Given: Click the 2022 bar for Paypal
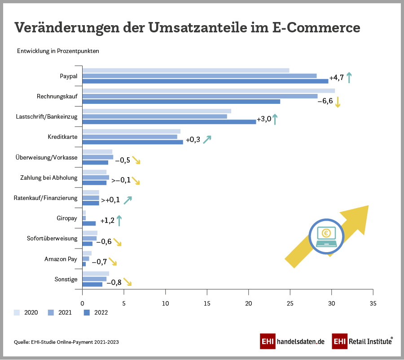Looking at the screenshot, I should (205, 81).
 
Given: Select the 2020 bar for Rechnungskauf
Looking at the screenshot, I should (208, 91).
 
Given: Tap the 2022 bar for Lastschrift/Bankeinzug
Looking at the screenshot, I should (169, 122).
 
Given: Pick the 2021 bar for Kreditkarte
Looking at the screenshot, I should (130, 137).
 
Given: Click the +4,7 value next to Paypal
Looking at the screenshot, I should (337, 78).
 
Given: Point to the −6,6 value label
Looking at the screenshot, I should (325, 101).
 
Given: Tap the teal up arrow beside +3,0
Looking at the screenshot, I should (275, 120).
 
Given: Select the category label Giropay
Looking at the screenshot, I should (67, 218).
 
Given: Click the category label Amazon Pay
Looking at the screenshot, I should (61, 259).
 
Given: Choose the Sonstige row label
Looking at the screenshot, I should (66, 279).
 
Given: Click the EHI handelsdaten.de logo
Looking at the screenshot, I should (292, 341).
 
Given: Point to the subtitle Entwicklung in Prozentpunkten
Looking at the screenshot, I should (58, 51).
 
